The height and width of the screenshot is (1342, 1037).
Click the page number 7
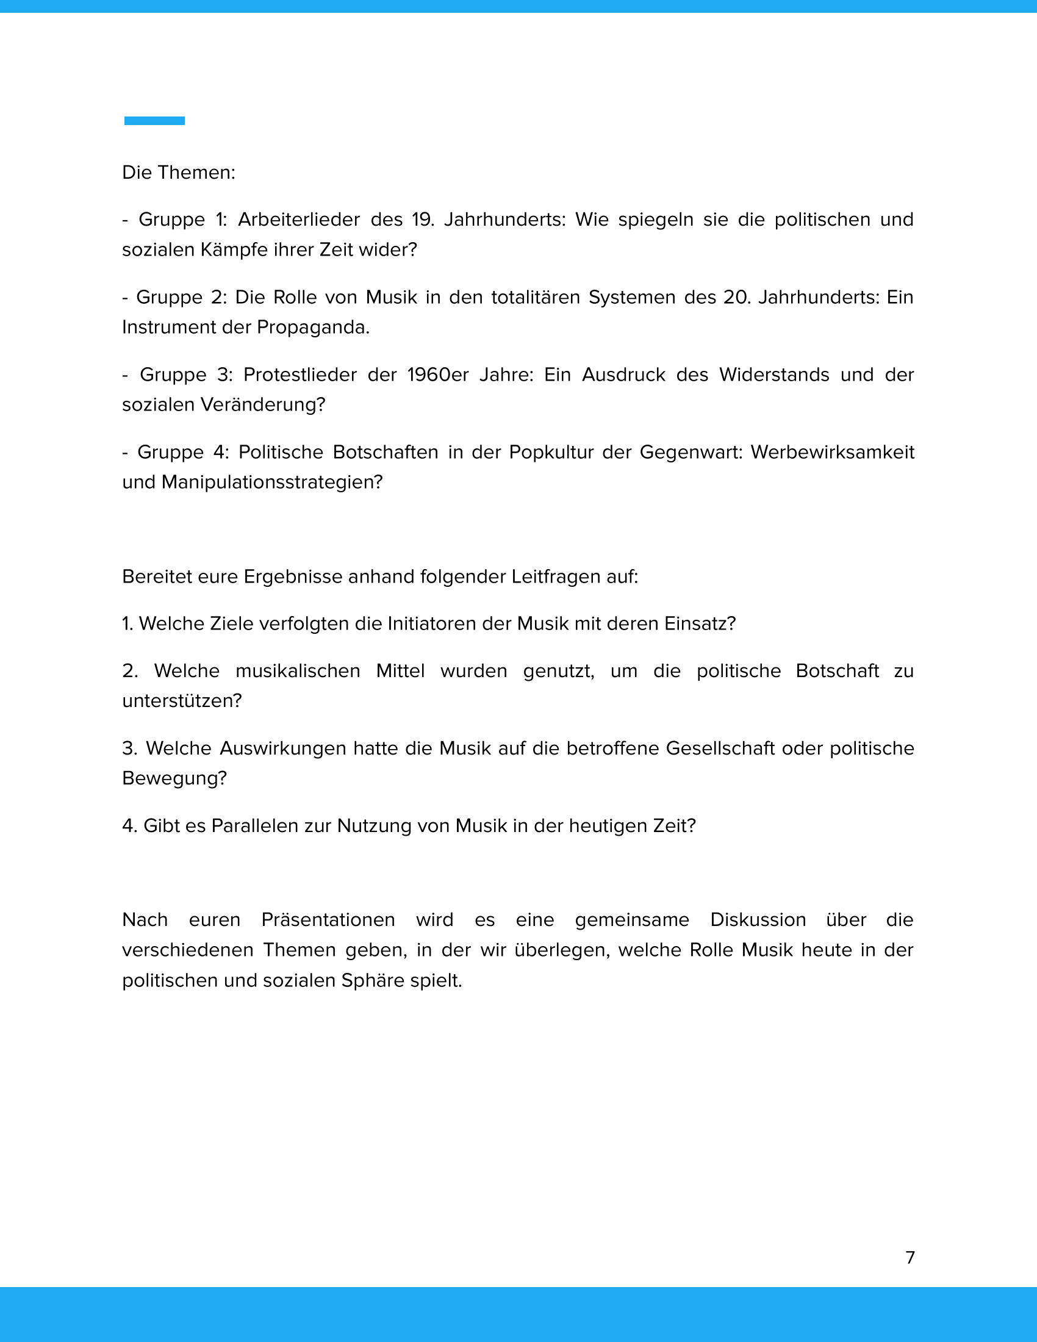[910, 1257]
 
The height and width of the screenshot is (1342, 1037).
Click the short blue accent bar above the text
[154, 121]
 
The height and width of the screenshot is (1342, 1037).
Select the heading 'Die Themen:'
[179, 173]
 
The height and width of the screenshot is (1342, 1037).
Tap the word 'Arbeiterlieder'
[298, 220]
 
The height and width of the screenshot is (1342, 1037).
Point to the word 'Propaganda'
[313, 328]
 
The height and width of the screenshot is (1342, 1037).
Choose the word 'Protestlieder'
[300, 375]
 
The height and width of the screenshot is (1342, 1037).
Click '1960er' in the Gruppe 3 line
[437, 375]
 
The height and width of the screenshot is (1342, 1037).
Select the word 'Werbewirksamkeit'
[832, 452]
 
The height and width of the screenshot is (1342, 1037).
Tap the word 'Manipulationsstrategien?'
[272, 483]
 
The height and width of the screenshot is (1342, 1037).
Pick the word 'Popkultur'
[550, 452]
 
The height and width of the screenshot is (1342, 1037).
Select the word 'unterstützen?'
[182, 701]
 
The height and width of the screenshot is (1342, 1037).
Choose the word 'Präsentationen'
[328, 920]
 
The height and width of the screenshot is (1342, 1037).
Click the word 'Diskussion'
[758, 920]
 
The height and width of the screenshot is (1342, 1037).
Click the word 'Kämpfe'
[235, 250]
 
